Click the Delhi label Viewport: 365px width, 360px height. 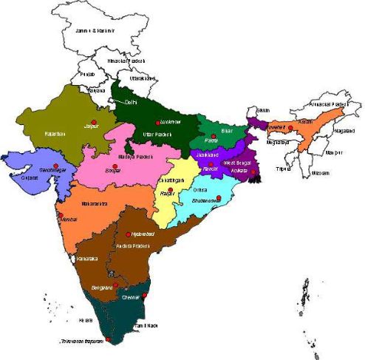point(132,102)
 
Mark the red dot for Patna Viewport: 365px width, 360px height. point(214,135)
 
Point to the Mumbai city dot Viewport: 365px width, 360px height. point(56,215)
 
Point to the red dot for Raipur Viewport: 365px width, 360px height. point(171,190)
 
